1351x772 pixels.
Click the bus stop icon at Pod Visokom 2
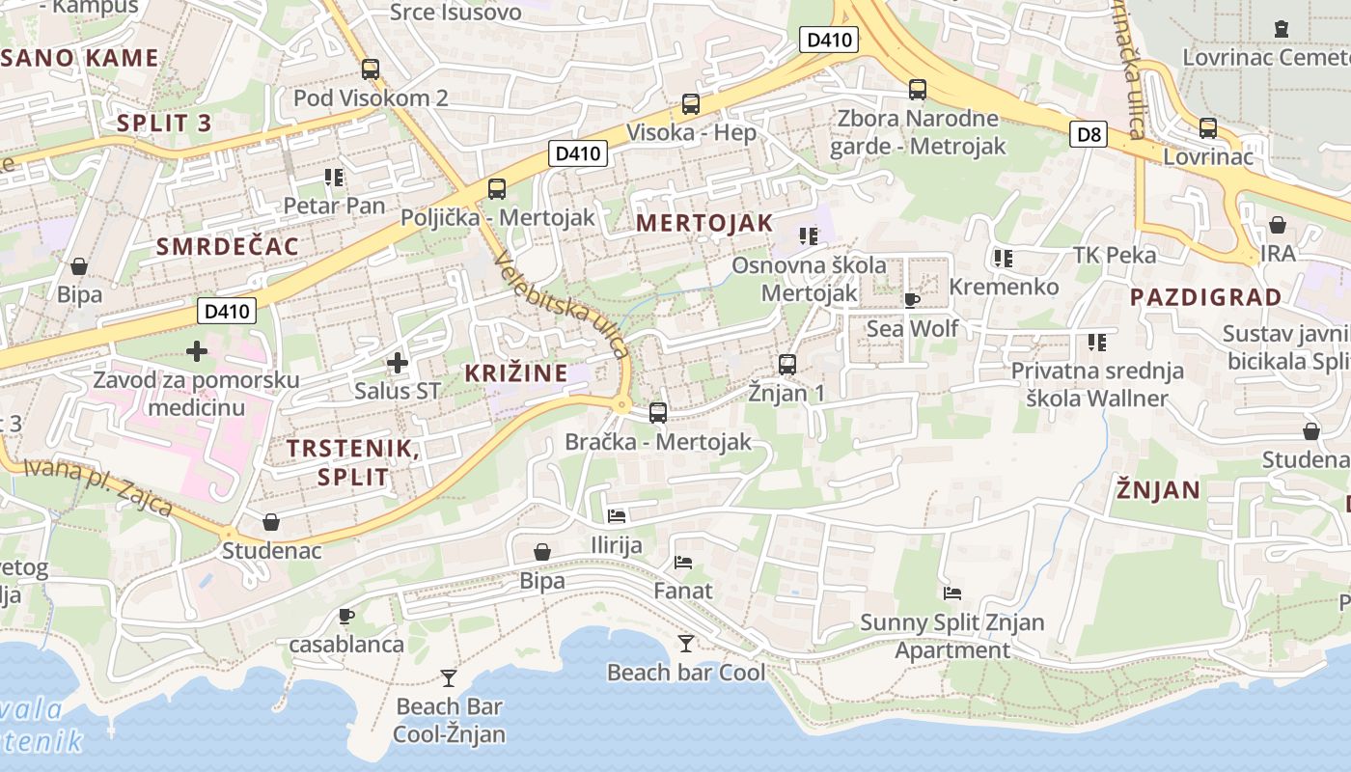click(370, 69)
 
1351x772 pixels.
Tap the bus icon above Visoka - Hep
click(690, 104)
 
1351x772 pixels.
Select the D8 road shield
click(1088, 134)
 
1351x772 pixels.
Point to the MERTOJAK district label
click(704, 223)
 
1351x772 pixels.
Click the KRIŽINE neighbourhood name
click(515, 372)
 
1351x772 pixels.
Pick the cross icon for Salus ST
click(397, 364)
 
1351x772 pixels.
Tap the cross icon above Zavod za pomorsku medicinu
click(197, 351)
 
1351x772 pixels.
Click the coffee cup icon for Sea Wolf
click(912, 300)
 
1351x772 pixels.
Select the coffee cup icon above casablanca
click(346, 616)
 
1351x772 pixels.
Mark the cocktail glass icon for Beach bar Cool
click(685, 644)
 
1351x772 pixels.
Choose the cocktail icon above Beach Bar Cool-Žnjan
click(449, 678)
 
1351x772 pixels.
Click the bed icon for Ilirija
click(617, 516)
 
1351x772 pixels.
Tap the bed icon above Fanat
click(683, 562)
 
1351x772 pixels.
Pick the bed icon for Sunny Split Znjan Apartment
click(952, 593)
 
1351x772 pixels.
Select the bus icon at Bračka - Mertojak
click(658, 413)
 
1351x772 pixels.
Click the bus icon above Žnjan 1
click(787, 365)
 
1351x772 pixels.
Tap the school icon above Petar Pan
click(334, 178)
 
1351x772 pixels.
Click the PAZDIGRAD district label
click(1205, 297)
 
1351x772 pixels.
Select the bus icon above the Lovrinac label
click(1207, 128)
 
